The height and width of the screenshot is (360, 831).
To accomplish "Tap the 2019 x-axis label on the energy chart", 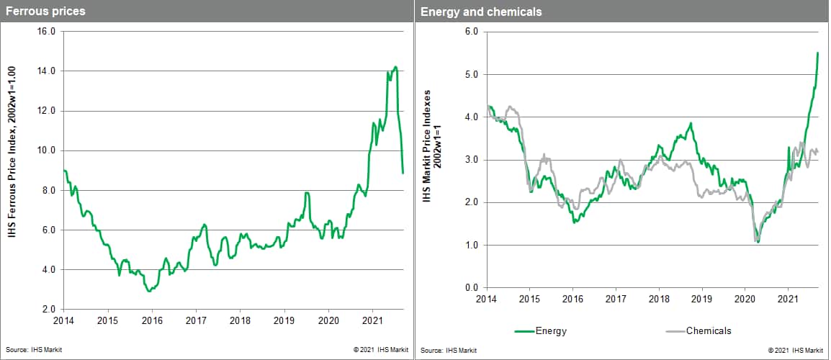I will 702,298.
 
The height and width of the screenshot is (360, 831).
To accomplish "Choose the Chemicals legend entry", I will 707,331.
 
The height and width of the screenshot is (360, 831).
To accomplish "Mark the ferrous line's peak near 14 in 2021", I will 395,67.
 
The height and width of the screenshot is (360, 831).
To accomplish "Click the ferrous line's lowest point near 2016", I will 148,291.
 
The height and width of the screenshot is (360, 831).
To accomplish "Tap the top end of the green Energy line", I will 817,53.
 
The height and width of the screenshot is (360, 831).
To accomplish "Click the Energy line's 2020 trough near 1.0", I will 758,242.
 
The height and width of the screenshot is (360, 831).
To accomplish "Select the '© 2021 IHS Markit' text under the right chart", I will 796,350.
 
